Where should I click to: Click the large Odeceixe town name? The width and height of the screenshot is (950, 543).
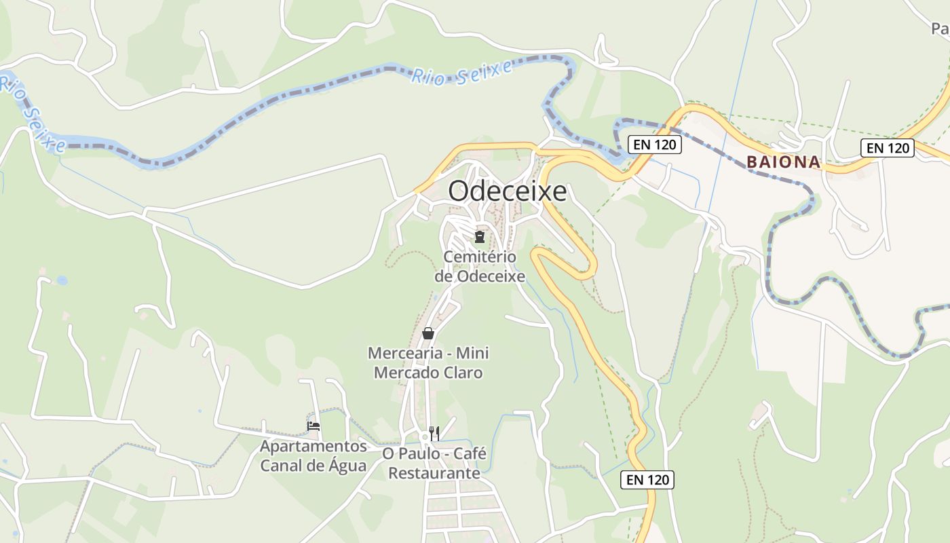click(507, 191)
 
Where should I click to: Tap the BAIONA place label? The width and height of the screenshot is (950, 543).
click(784, 163)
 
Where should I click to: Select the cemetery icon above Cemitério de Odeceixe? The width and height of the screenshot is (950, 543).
click(480, 237)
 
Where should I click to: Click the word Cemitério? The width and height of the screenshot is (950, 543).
click(480, 257)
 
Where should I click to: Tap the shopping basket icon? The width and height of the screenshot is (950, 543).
click(428, 333)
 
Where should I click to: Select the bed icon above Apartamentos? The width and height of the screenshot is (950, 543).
click(313, 426)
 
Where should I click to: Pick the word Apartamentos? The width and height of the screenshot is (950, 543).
click(313, 447)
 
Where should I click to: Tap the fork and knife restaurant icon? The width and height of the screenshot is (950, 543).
click(434, 433)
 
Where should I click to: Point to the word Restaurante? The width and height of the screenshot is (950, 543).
click(434, 472)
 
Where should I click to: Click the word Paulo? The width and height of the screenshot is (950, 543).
click(418, 453)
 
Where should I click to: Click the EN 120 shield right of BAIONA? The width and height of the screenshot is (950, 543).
click(888, 147)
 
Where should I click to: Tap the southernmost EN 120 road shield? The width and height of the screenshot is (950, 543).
click(647, 480)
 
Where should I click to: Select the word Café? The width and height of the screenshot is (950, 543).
click(468, 453)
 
